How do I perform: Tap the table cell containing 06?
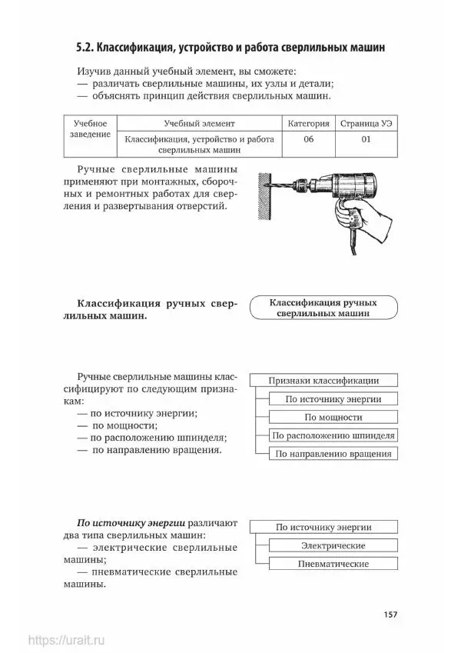tap(309, 139)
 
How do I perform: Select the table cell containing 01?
tap(365, 139)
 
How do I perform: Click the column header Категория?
tap(309, 123)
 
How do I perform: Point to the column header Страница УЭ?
tap(365, 123)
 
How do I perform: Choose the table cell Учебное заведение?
tap(90, 128)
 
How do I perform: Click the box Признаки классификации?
tap(322, 380)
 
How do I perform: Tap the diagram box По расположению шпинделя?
tap(333, 435)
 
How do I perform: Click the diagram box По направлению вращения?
tap(333, 454)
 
